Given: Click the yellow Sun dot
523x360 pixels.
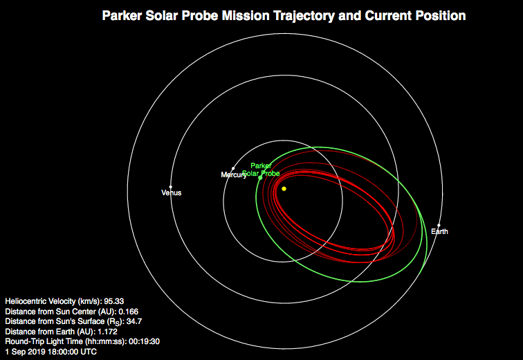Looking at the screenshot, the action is [284, 189].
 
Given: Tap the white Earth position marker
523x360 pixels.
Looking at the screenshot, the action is [439, 226].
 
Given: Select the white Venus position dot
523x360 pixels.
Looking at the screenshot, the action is [171, 187].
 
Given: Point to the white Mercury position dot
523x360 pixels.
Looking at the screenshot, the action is [233, 168].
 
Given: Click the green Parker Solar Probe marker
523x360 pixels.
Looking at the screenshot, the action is [260, 178].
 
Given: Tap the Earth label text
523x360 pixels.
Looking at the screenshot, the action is [439, 231].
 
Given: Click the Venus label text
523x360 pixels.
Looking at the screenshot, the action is [172, 193].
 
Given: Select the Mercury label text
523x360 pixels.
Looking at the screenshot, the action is [234, 175].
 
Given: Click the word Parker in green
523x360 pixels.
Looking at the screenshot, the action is [261, 165].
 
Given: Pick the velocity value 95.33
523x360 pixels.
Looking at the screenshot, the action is [113, 301].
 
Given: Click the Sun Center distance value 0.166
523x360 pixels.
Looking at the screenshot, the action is [129, 312].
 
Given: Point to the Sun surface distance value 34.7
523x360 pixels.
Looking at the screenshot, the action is [134, 321].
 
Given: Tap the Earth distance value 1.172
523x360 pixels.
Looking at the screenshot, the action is [107, 332].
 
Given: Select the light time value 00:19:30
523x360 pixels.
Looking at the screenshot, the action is [144, 341].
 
